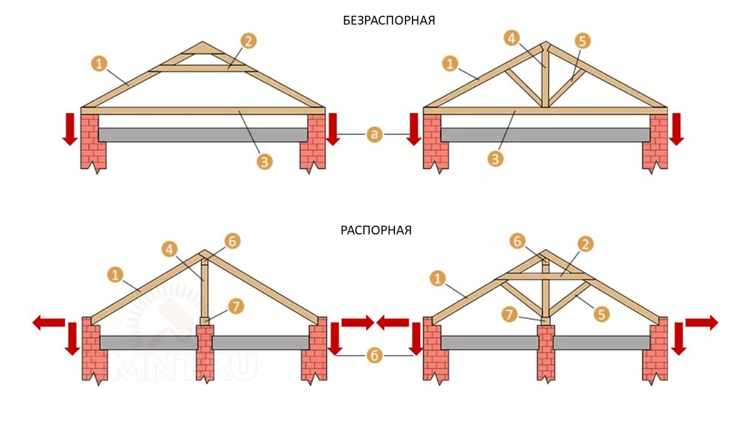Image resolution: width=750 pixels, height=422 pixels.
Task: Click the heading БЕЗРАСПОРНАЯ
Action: pyautogui.click(x=389, y=20)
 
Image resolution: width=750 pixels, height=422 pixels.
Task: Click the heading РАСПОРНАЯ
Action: pyautogui.click(x=376, y=230)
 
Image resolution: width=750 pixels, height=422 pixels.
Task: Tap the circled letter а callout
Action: pyautogui.click(x=374, y=134)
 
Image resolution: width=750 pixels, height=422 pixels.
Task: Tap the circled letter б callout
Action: pyautogui.click(x=374, y=355)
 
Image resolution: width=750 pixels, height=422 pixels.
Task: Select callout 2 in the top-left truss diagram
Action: pyautogui.click(x=249, y=42)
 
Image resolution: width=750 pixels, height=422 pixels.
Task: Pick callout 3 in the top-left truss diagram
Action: pyautogui.click(x=264, y=161)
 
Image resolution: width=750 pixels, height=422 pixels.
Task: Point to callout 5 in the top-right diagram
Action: pyautogui.click(x=582, y=42)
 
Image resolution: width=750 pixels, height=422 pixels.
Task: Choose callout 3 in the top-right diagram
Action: pyautogui.click(x=496, y=159)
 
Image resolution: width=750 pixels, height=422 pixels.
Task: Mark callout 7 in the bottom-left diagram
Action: pyautogui.click(x=236, y=306)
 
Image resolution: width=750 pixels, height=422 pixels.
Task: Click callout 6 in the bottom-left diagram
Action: pyautogui.click(x=232, y=241)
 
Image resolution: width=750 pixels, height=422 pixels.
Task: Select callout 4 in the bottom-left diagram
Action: pyautogui.click(x=169, y=248)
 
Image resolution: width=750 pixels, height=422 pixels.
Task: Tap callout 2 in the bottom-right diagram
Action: pyautogui.click(x=586, y=244)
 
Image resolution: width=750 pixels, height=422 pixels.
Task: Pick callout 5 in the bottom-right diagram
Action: pyautogui.click(x=601, y=314)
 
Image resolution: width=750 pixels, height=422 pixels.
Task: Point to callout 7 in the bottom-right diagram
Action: pyautogui.click(x=511, y=314)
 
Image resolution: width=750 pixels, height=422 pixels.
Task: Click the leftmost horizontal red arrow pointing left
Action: pyautogui.click(x=49, y=323)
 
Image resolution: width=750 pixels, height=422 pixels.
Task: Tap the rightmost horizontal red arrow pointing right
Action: pyautogui.click(x=701, y=323)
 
